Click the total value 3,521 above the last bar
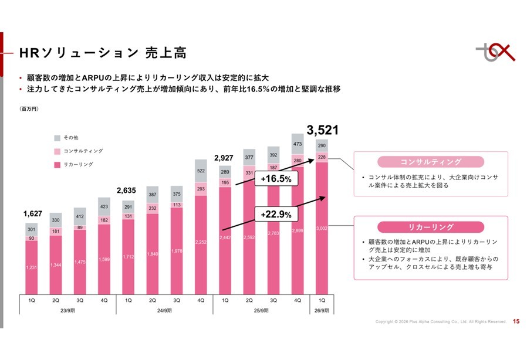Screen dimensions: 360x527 [322, 130]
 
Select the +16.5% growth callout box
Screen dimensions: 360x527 [276, 178]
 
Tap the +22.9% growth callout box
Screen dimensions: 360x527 [276, 215]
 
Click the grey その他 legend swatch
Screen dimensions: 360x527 [57, 138]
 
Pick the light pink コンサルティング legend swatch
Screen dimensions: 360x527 [57, 151]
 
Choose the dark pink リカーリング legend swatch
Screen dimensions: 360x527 [57, 165]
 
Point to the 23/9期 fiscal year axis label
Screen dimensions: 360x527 [68, 310]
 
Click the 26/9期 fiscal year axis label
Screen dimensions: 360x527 [321, 310]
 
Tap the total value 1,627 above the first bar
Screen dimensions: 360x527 [33, 214]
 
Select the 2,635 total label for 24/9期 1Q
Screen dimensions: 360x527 [127, 190]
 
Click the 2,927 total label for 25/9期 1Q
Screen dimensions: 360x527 [224, 158]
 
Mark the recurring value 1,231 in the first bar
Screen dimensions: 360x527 [32, 267]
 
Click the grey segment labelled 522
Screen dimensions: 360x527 [200, 171]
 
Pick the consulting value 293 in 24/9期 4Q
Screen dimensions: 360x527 [200, 189]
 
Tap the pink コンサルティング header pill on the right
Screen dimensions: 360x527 [430, 162]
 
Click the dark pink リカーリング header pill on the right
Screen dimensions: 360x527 [430, 227]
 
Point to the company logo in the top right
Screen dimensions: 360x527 [494, 52]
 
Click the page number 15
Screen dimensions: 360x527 [516, 321]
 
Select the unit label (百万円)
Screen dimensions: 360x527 [29, 109]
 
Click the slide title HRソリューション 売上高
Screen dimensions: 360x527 [103, 53]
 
